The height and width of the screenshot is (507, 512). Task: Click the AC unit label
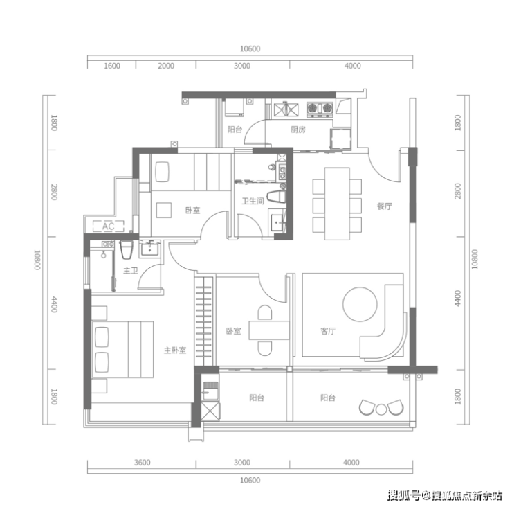click(x=108, y=226)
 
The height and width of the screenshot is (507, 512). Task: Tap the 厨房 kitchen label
click(x=298, y=130)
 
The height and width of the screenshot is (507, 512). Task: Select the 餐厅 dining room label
click(x=384, y=206)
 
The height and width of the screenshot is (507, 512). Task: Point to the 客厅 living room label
click(x=328, y=331)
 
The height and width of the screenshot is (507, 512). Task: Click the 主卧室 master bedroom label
click(x=175, y=350)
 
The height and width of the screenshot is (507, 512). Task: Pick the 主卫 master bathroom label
click(x=130, y=271)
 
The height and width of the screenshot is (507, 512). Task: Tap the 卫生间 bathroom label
click(x=253, y=201)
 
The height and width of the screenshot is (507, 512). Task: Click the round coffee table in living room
click(x=360, y=304)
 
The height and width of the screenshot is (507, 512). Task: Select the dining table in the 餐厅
click(x=337, y=204)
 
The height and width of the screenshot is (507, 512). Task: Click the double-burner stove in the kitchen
click(x=320, y=109)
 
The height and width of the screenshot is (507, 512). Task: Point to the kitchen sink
click(x=286, y=109)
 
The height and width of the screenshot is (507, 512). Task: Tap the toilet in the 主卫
click(x=126, y=250)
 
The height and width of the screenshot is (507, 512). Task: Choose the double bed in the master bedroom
click(x=122, y=350)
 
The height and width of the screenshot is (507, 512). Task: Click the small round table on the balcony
click(x=381, y=409)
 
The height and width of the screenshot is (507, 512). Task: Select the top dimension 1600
click(x=112, y=66)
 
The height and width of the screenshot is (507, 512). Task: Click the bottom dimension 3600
click(x=142, y=463)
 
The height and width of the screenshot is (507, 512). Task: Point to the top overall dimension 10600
click(x=250, y=48)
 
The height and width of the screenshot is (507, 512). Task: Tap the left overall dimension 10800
click(x=37, y=260)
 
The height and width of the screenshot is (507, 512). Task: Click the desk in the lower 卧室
click(x=269, y=330)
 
